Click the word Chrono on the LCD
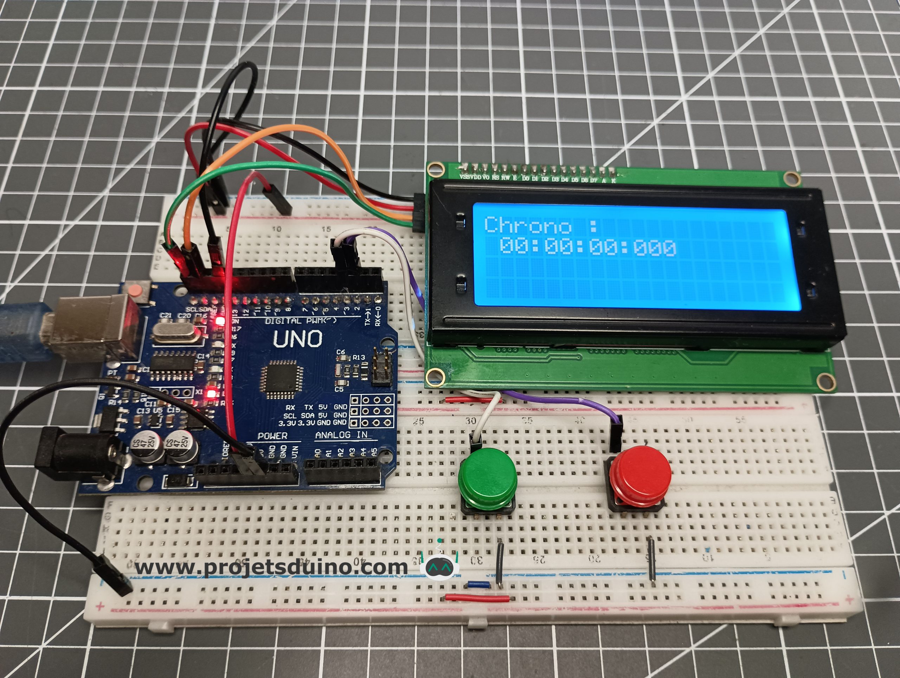pos(527,225)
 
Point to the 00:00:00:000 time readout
pos(587,247)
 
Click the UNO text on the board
pos(298,339)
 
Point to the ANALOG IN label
pos(341,435)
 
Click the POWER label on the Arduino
pos(272,436)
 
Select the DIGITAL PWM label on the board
pos(301,321)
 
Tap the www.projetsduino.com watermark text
pos(271,567)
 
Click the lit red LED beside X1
pos(211,394)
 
